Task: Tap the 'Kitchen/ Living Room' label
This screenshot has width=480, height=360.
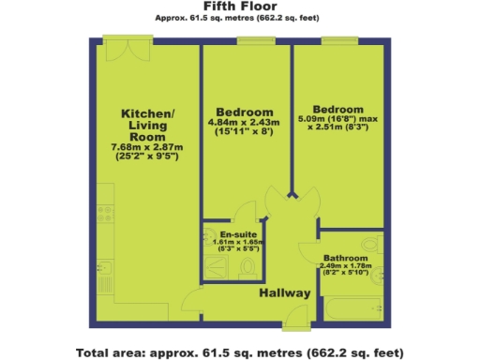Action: point(147,125)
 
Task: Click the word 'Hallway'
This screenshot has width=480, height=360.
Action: point(284,294)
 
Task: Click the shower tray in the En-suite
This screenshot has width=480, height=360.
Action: point(218,268)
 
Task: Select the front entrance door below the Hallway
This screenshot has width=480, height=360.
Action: point(294,323)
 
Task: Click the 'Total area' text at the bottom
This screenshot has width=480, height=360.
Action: point(239,352)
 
